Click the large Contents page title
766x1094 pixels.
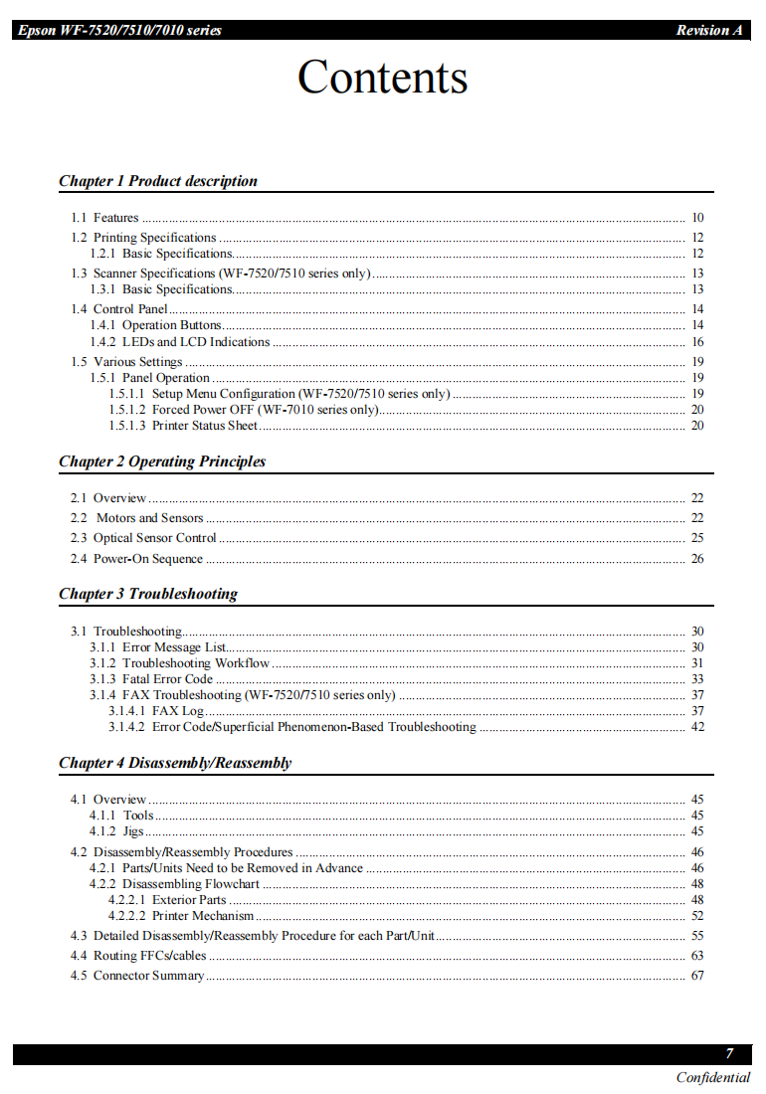point(383,78)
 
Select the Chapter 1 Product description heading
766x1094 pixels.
point(158,181)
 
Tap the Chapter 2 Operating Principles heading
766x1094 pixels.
point(162,461)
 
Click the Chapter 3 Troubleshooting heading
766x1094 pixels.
point(148,594)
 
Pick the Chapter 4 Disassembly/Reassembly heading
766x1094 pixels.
point(175,763)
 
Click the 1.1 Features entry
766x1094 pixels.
point(104,218)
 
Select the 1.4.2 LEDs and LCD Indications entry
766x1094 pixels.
point(180,342)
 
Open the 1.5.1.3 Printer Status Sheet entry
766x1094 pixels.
point(183,426)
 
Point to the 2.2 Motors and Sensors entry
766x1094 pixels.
point(137,518)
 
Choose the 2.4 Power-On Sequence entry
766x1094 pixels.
point(136,559)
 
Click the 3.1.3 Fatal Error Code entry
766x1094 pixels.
point(151,679)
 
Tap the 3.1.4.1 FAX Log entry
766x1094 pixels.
point(156,711)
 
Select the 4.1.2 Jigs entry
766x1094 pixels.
point(117,831)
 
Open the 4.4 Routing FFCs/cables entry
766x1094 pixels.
point(138,956)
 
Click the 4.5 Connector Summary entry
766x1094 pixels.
point(137,976)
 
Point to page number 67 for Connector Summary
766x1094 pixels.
point(697,976)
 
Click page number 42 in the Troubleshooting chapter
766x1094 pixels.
point(697,727)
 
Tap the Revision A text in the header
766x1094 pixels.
point(709,30)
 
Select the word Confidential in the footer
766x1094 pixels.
point(713,1078)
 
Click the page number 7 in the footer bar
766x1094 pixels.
point(729,1054)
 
